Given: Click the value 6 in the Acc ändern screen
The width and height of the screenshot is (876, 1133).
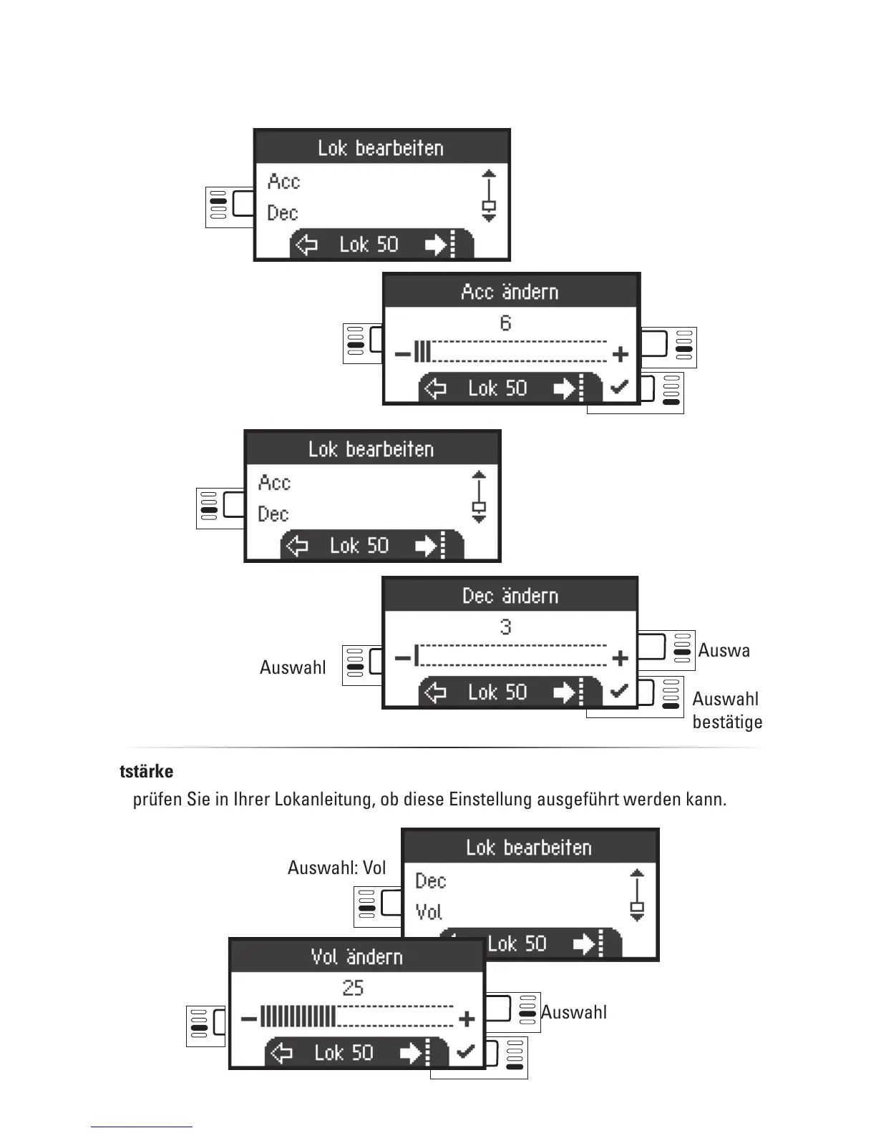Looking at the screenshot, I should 505,323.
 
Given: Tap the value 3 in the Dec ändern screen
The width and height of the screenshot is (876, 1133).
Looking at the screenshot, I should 505,627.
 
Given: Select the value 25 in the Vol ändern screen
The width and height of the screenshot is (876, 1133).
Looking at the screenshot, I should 353,988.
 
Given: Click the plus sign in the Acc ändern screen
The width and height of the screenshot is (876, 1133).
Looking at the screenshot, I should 620,353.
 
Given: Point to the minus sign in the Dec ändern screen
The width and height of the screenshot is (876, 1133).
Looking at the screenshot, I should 402,657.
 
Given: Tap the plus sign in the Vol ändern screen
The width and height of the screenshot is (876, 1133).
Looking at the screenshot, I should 467,1019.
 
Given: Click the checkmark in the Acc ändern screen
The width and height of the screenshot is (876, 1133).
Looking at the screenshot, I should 619,388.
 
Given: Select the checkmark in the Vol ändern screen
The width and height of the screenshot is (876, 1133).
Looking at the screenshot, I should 465,1051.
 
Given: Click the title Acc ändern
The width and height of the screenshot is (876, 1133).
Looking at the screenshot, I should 510,292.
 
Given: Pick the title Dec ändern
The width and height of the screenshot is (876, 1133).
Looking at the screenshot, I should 510,596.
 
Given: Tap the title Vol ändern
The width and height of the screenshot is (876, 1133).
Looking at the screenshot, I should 356,957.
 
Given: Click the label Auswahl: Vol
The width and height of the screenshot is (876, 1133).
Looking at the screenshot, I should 336,868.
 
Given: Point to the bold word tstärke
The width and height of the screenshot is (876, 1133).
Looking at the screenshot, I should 146,772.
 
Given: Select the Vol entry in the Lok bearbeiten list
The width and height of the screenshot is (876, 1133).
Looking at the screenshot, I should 429,912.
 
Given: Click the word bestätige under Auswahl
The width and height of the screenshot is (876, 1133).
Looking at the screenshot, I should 727,722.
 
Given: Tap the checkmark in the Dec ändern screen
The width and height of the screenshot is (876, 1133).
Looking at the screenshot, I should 619,692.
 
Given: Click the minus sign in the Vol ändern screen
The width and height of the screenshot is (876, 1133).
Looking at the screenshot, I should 248,1019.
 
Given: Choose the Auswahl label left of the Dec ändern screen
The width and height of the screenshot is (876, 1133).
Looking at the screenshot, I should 293,667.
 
